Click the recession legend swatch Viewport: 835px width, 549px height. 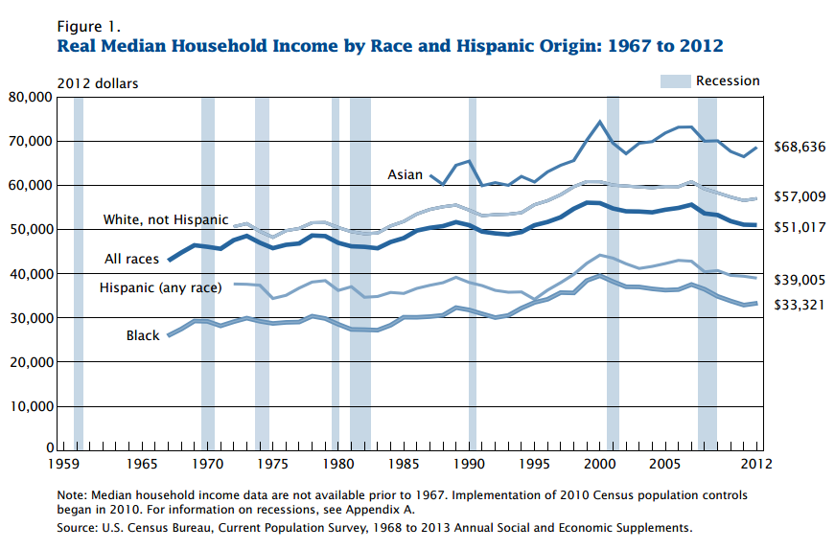coord(674,81)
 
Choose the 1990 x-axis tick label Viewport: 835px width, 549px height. coord(470,464)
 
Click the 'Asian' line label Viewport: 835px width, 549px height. coord(404,174)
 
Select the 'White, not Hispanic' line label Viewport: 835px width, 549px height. coord(166,220)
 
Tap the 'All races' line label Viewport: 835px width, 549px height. coord(132,259)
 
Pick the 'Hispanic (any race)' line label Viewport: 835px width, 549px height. coord(160,287)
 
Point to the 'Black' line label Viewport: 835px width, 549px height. coord(143,335)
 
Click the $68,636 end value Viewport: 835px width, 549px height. coord(800,147)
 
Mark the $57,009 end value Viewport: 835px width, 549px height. coord(800,196)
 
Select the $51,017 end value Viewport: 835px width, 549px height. coord(800,227)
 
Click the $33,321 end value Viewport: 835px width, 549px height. coord(800,305)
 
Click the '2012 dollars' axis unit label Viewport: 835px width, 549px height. coord(98,83)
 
